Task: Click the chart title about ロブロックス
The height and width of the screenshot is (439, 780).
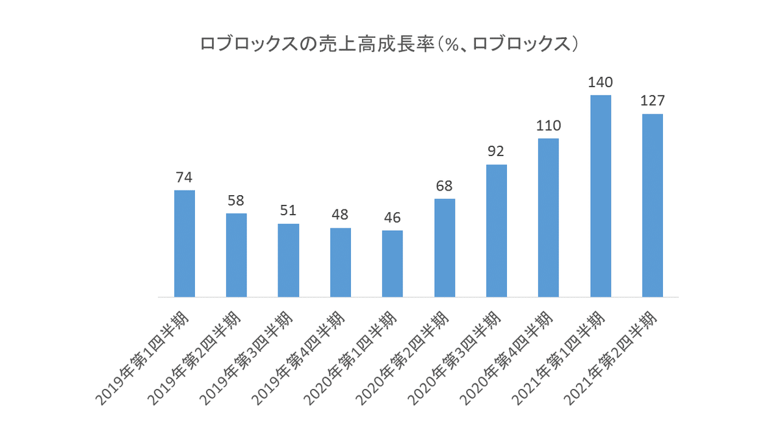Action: [x=389, y=45]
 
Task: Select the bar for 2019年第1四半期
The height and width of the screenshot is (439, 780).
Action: [x=185, y=243]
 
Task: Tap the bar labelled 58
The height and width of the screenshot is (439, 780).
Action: [x=237, y=255]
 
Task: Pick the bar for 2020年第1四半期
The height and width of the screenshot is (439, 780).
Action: [x=393, y=263]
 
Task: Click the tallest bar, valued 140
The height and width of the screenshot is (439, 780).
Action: [x=601, y=196]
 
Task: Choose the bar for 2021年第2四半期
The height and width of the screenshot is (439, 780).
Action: [x=652, y=206]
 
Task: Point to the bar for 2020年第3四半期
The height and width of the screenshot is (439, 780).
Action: [x=497, y=231]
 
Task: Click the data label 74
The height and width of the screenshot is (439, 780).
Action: [x=185, y=178]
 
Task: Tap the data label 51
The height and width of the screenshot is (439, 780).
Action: [x=289, y=211]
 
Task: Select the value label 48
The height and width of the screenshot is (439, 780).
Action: [x=341, y=215]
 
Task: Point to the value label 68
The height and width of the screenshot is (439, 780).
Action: [x=445, y=186]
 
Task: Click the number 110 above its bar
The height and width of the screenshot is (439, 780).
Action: [x=549, y=126]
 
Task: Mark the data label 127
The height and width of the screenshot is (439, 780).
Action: [x=652, y=101]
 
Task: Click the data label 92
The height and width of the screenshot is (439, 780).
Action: [x=497, y=152]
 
